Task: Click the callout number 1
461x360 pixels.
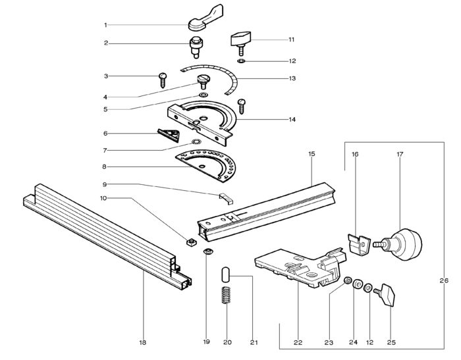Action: point(105,25)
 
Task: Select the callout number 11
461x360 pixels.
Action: point(290,39)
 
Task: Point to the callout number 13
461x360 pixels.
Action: point(292,78)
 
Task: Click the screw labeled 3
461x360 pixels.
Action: point(162,80)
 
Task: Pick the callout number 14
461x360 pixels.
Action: point(292,120)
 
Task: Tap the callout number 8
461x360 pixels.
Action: point(105,167)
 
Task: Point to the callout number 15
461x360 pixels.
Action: point(312,153)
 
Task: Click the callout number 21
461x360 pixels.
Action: point(254,342)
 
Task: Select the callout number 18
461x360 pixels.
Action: point(143,342)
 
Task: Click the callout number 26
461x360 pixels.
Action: point(443,281)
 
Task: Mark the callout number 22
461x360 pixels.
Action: point(298,342)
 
